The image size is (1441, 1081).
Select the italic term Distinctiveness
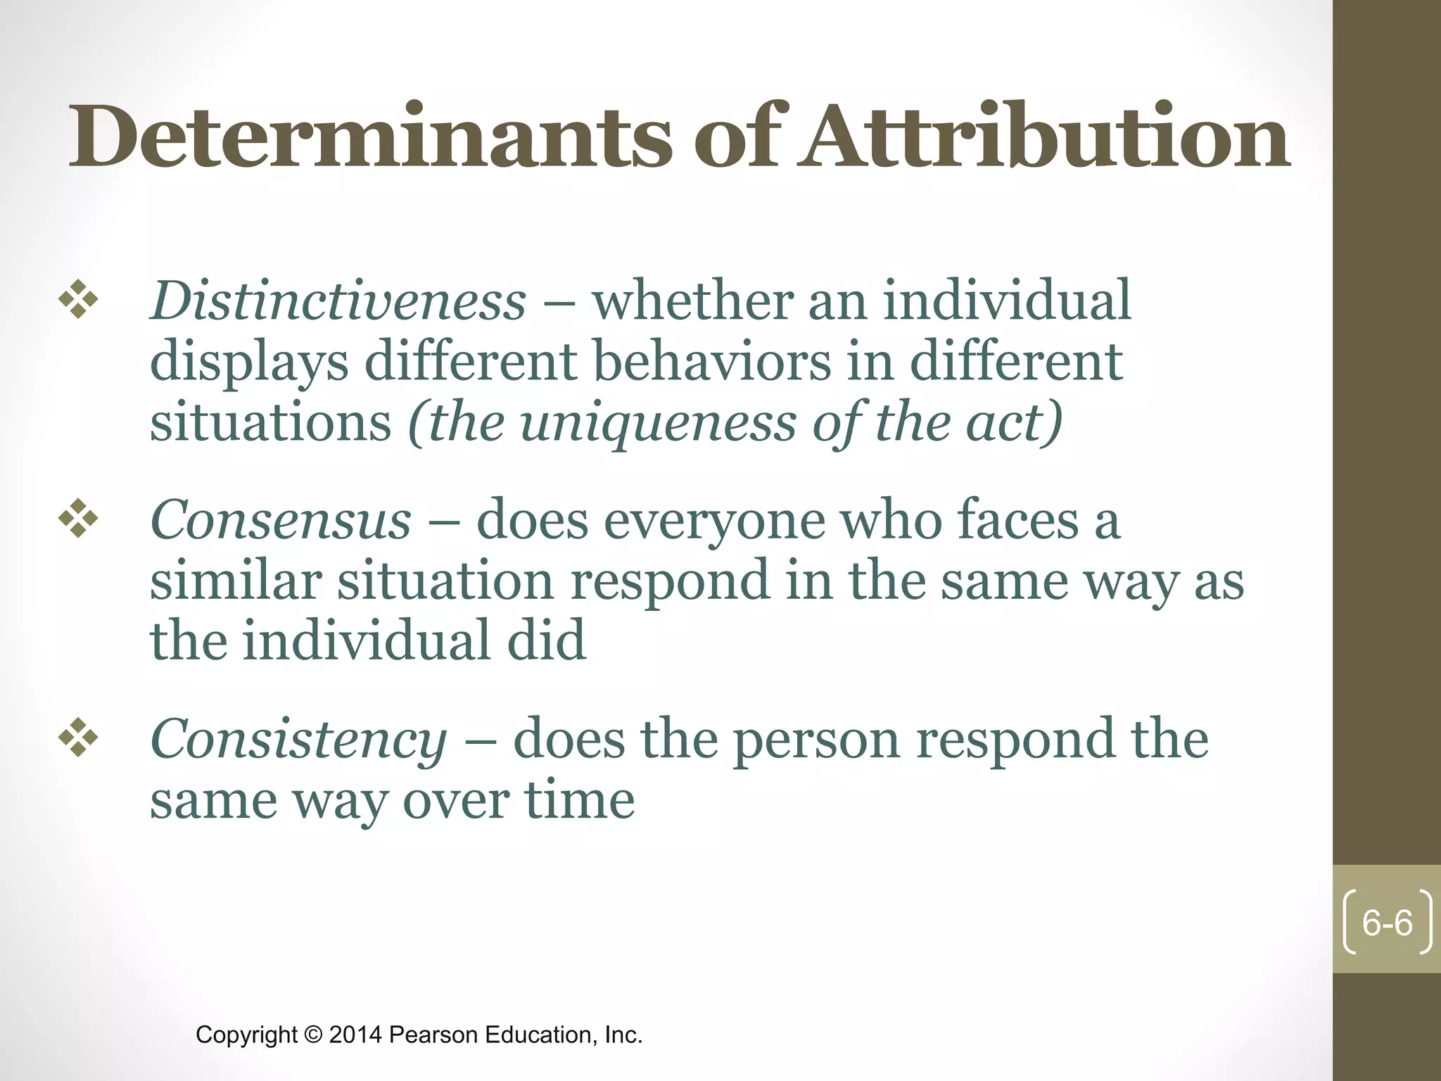(x=338, y=301)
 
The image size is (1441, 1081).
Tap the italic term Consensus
(x=280, y=521)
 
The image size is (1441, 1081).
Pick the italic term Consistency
(x=298, y=740)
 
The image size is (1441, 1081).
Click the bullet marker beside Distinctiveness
(x=78, y=301)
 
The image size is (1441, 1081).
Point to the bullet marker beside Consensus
(x=78, y=520)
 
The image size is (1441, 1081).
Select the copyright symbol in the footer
(x=312, y=1035)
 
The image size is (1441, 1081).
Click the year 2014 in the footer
(x=355, y=1035)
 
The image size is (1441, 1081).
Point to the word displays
(x=249, y=363)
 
